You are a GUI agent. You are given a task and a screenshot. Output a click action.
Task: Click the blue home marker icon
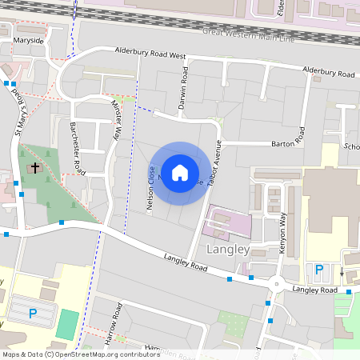tap(180, 172)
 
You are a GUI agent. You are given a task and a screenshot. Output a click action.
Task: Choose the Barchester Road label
tap(78, 148)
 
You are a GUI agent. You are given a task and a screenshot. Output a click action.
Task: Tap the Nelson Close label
tap(150, 187)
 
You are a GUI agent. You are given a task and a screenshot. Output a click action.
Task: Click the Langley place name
tap(228, 249)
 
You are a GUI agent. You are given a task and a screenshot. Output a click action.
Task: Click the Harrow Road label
tap(113, 324)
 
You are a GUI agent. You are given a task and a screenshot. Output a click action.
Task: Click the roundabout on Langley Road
tap(276, 282)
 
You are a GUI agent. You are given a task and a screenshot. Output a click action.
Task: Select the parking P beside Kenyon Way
tap(319, 270)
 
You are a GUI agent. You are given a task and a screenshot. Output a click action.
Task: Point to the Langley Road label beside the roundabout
tap(315, 290)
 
